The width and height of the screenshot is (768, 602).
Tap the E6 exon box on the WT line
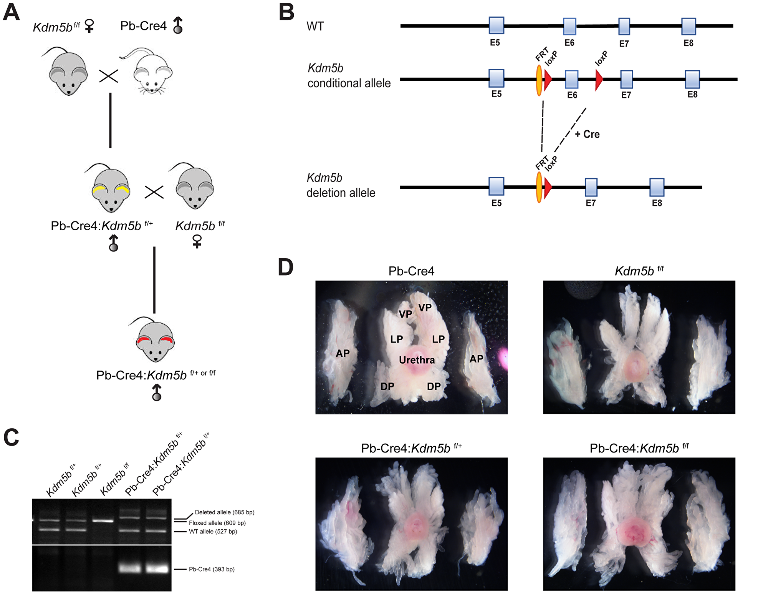pos(569,26)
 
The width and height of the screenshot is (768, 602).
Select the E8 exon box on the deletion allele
pos(657,187)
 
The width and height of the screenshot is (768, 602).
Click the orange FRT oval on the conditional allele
pos(539,80)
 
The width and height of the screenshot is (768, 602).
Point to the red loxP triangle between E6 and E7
pos(599,80)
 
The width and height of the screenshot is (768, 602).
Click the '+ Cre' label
pos(587,134)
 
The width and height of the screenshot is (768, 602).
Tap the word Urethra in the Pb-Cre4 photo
pos(417,360)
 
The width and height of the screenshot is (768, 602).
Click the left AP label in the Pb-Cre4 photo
pos(343,353)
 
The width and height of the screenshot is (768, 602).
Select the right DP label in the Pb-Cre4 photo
pos(434,386)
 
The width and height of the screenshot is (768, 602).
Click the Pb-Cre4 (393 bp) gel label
pos(212,569)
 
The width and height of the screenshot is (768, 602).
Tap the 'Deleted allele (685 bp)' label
pos(224,512)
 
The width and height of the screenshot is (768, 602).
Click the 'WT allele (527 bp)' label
pos(213,532)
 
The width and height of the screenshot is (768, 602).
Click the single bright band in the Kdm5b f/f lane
pos(103,521)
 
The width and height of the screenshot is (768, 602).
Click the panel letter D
pos(285,268)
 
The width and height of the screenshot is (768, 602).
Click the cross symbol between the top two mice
pos(109,76)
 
